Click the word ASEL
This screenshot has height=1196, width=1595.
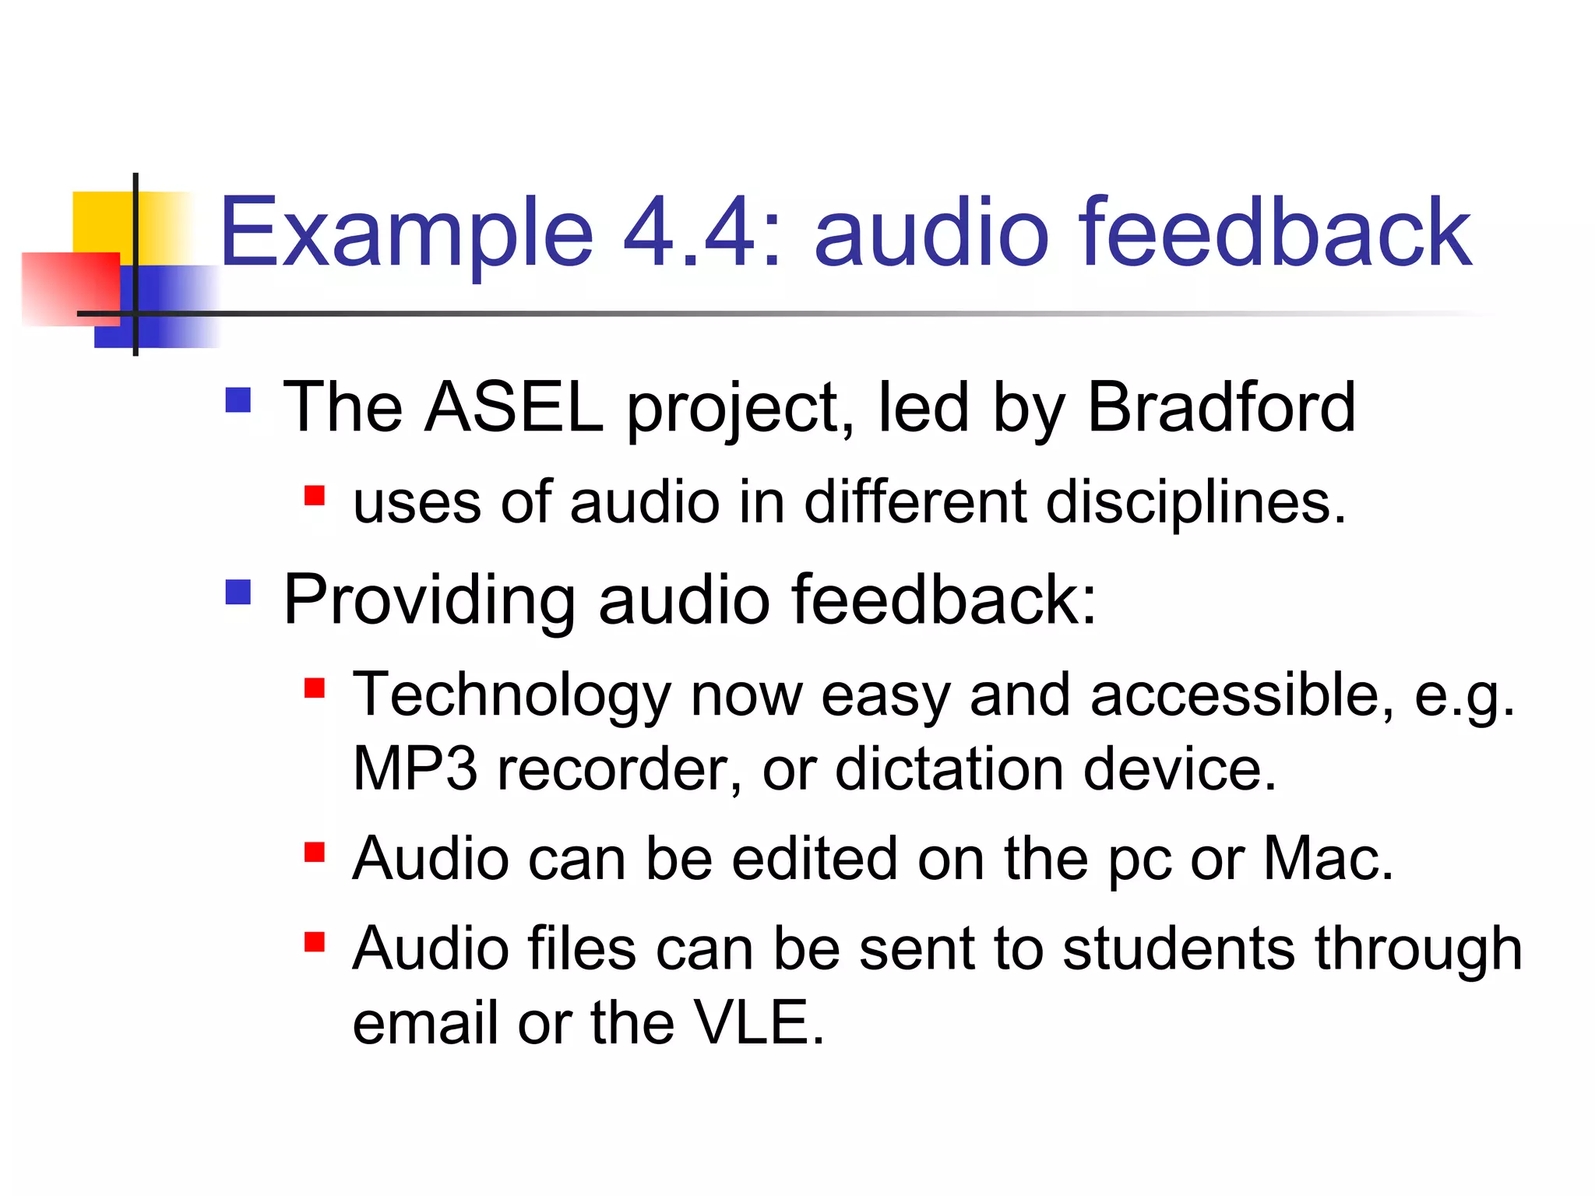[514, 407]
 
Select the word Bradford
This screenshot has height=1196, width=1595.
[1221, 407]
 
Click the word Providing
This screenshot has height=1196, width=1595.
[429, 600]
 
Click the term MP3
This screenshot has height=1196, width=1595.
[414, 769]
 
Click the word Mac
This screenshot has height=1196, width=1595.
[1327, 860]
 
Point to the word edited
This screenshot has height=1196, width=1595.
[815, 860]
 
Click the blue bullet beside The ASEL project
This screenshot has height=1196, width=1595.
[238, 400]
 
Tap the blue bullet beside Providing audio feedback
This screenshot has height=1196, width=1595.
[238, 593]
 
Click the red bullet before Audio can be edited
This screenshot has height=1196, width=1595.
[315, 853]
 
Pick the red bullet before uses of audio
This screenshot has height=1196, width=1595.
[315, 496]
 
